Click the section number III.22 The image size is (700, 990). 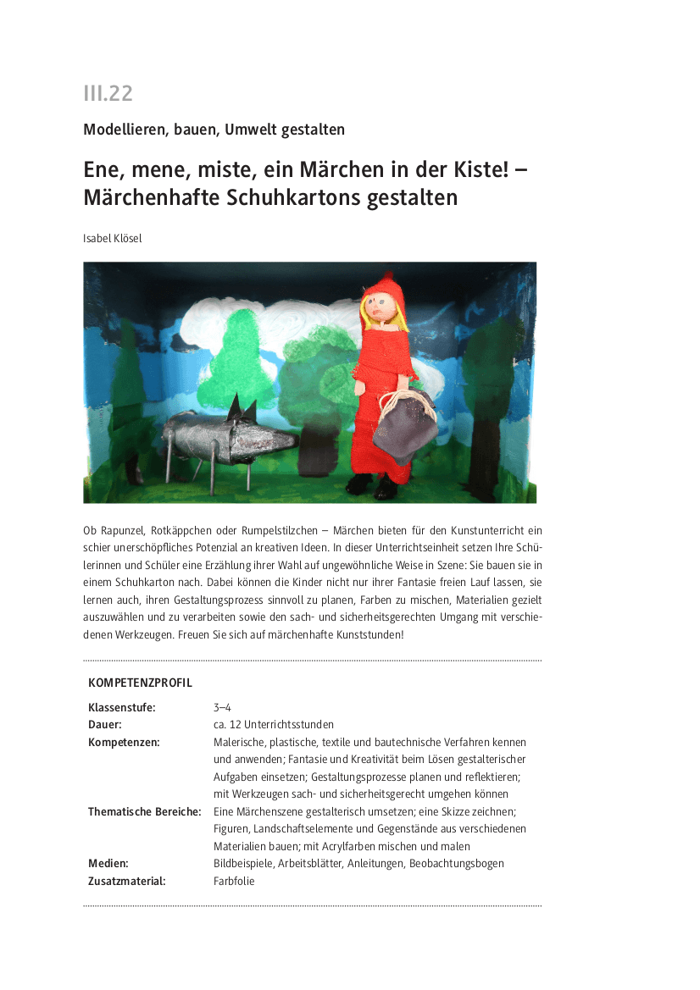coord(108,93)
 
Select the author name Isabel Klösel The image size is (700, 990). coord(113,239)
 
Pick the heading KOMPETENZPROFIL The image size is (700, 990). coord(140,683)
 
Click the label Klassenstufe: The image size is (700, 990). coord(122,707)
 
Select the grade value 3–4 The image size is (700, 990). coord(222,707)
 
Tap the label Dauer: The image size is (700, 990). coord(105,725)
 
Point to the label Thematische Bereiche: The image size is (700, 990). coord(145,811)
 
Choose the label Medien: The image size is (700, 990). coord(108,864)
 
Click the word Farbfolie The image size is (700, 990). coord(234,881)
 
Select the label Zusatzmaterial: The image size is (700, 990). coord(127,881)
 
